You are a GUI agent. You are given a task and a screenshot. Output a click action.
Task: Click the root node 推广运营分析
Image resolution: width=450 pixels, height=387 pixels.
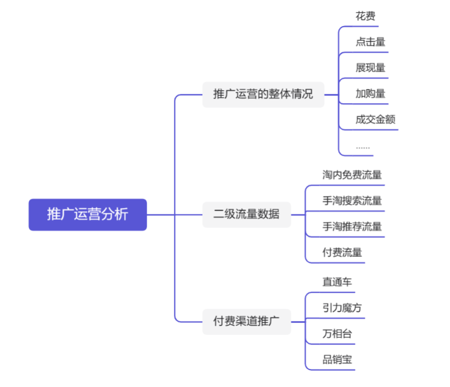click(87, 214)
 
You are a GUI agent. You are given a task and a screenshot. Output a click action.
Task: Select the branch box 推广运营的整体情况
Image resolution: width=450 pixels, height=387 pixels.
click(263, 94)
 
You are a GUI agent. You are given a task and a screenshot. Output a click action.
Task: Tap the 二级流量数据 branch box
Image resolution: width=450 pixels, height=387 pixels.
click(246, 214)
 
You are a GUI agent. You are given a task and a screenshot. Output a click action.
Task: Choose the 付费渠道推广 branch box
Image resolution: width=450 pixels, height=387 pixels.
click(246, 321)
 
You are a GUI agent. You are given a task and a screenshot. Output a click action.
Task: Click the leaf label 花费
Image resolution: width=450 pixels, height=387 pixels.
click(365, 16)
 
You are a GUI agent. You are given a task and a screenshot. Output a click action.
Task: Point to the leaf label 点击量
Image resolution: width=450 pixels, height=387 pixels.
click(371, 42)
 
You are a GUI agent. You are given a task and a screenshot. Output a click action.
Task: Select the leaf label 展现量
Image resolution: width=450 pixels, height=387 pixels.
click(371, 68)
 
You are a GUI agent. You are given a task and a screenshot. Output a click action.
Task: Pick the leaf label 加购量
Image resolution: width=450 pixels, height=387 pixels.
click(371, 93)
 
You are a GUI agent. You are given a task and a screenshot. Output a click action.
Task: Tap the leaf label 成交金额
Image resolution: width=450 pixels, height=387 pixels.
click(376, 119)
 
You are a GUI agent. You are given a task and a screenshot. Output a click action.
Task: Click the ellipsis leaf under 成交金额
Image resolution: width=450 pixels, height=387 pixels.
click(362, 146)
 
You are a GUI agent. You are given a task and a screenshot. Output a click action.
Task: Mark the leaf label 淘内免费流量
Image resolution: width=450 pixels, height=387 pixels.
click(352, 175)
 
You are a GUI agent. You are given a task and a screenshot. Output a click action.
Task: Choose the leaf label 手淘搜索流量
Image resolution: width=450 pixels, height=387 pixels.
click(352, 201)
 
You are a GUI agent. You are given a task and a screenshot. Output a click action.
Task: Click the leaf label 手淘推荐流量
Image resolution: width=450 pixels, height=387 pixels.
click(352, 226)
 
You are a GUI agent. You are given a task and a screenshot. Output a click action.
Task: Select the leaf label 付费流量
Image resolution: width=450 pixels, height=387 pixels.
click(342, 252)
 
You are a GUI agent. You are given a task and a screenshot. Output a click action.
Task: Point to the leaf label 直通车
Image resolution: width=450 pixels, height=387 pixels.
click(337, 282)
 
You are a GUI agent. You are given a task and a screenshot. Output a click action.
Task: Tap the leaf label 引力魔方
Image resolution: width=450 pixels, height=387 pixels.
click(342, 308)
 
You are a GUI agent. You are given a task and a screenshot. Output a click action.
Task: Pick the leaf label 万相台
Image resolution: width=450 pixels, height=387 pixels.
click(337, 333)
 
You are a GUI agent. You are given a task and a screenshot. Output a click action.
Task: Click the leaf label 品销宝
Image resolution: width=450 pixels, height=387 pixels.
click(337, 359)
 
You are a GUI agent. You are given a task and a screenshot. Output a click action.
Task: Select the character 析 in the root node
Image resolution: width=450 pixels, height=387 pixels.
click(122, 214)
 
